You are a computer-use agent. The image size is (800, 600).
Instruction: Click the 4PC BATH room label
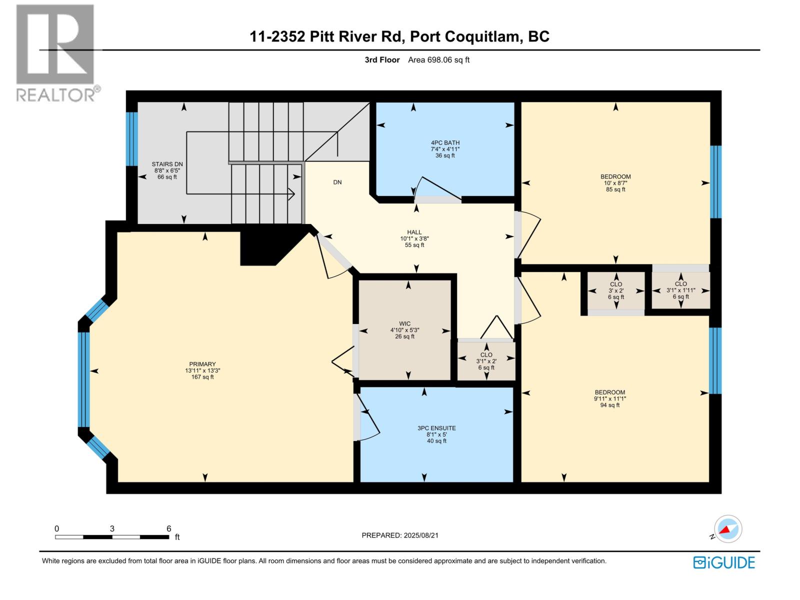tap(445, 143)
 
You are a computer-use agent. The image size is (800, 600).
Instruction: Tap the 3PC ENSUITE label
tap(436, 428)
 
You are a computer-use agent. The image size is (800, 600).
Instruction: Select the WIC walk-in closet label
tap(404, 324)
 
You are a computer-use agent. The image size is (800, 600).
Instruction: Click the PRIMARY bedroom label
tap(202, 364)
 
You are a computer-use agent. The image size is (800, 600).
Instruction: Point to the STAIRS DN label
tap(167, 164)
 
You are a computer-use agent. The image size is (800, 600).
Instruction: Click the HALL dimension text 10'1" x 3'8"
tap(414, 239)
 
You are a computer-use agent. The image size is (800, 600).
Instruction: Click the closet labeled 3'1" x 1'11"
tap(680, 290)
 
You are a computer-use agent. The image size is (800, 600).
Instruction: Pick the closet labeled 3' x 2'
tap(615, 290)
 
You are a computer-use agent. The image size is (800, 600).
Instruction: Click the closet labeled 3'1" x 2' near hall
tap(486, 361)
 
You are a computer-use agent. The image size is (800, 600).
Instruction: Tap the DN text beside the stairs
tap(337, 182)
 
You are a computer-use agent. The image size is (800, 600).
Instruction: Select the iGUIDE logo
tap(724, 562)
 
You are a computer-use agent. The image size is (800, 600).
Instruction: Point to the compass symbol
tap(728, 529)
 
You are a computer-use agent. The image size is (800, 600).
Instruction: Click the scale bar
tap(112, 537)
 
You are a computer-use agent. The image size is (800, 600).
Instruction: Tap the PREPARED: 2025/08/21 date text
tap(400, 535)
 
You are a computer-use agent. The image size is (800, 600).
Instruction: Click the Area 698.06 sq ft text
tap(438, 60)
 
